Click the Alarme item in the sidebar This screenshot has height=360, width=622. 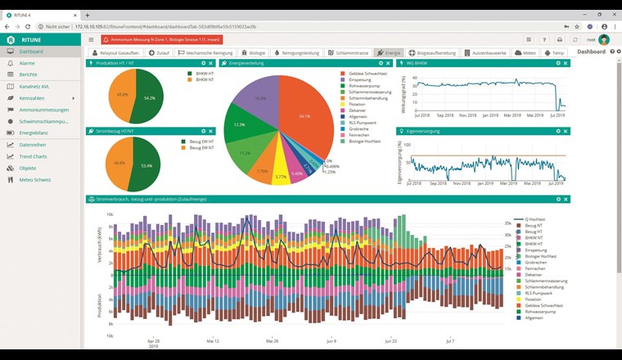27,63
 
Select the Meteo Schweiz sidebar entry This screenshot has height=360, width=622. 36,178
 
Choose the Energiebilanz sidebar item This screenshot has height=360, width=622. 37,133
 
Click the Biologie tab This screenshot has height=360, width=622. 257,52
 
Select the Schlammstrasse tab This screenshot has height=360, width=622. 349,52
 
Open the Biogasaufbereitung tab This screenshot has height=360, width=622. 429,52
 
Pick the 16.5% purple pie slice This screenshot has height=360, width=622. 260,99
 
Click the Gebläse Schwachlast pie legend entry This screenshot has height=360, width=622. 366,74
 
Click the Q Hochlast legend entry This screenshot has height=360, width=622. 534,219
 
